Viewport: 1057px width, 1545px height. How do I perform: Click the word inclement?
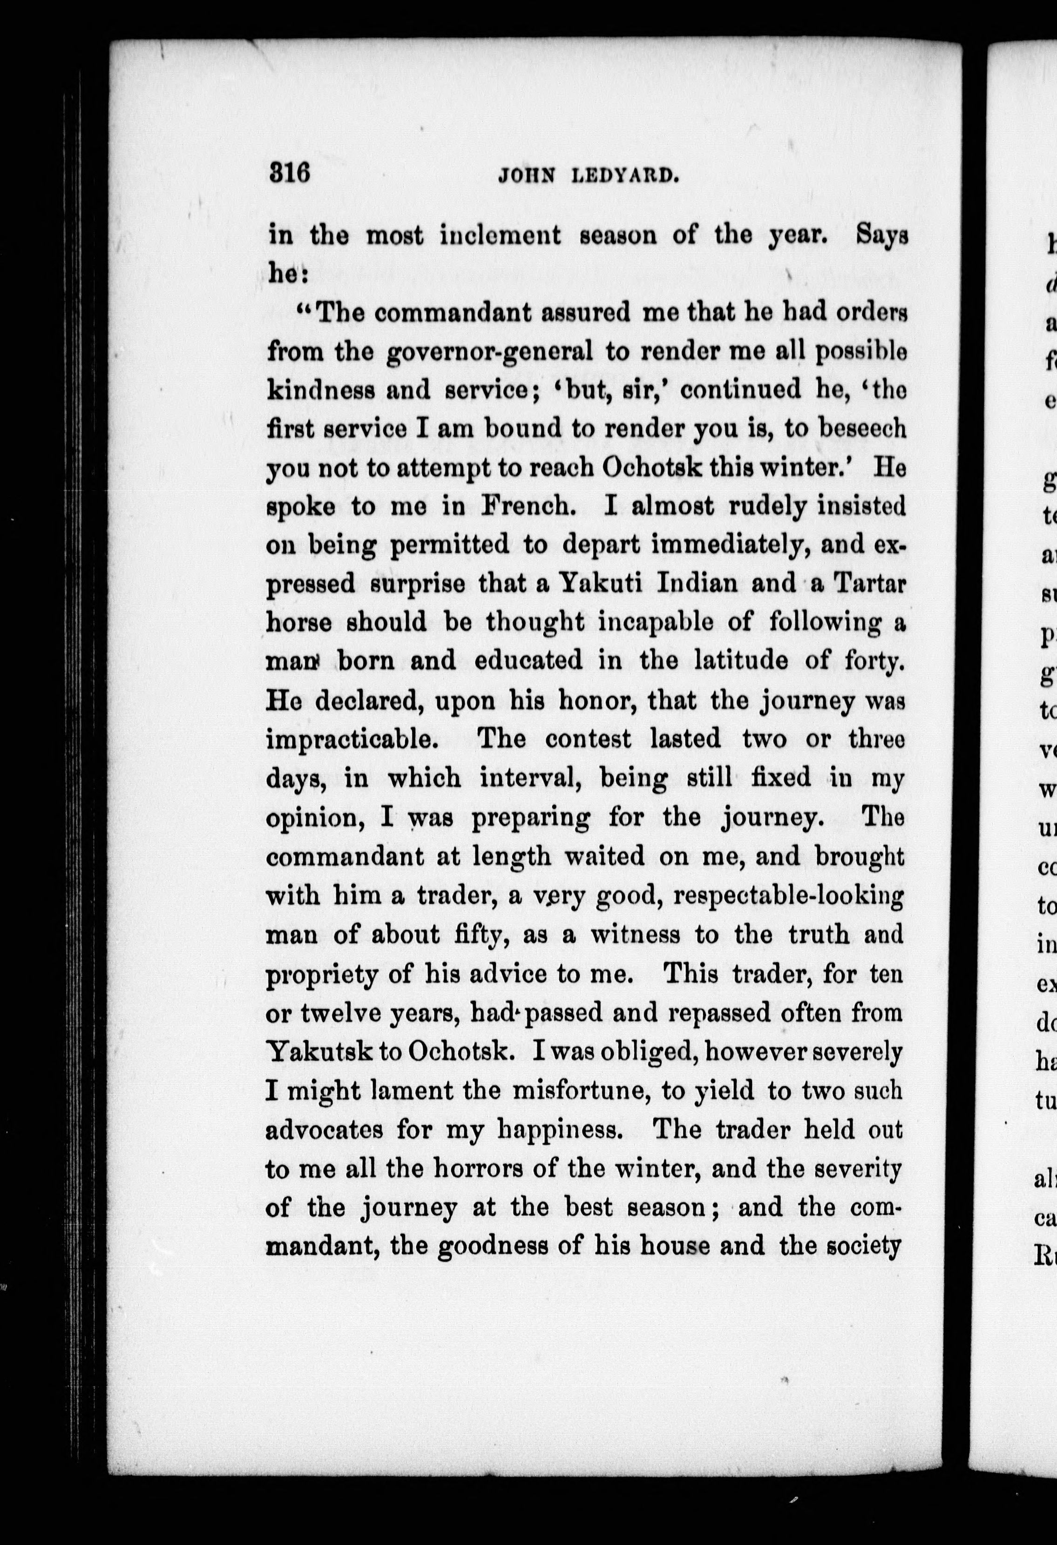(500, 236)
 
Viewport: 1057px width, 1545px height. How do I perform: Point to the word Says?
(882, 236)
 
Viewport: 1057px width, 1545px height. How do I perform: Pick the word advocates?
(324, 1129)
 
